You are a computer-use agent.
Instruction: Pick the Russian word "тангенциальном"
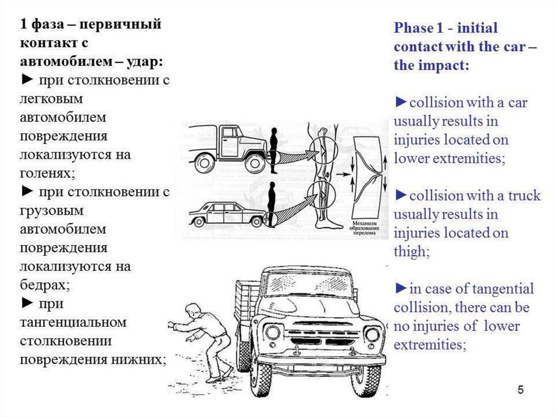coord(73,322)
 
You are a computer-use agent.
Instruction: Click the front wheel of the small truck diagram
coord(254,162)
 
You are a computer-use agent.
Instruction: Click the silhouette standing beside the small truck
coord(274,150)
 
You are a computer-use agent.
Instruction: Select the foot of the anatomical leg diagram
coord(331,222)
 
